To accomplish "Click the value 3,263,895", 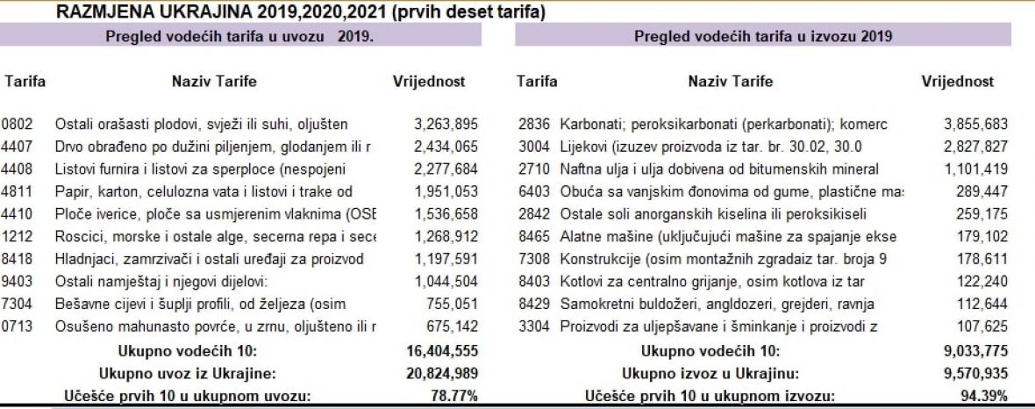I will click(445, 124).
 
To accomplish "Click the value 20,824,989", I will click(441, 373).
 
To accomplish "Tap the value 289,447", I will click(982, 191).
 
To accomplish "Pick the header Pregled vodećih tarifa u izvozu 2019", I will click(763, 36).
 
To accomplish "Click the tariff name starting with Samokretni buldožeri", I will click(717, 304).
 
